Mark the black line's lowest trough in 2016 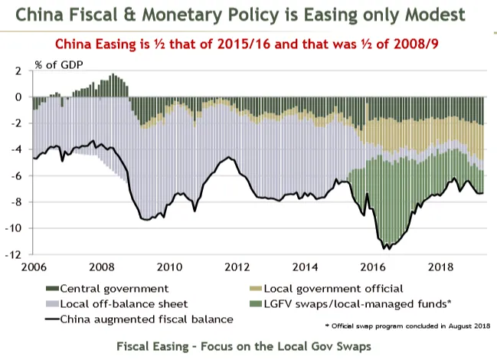(x=388, y=248)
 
